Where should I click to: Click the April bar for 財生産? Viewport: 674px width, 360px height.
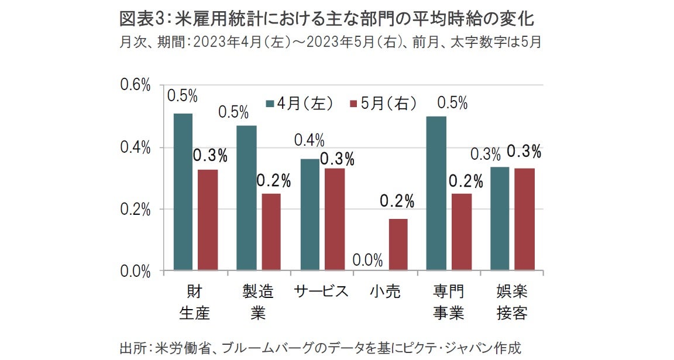pos(183,191)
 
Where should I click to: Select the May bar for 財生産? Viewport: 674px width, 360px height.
pos(208,220)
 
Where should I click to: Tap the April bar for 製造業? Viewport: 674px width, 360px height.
pos(246,198)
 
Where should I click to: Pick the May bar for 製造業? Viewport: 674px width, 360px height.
pos(271,231)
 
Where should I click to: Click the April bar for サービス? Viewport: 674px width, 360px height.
pos(310,214)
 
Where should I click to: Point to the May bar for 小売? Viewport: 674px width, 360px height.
pos(398,244)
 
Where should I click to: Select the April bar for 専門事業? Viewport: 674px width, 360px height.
pos(436,193)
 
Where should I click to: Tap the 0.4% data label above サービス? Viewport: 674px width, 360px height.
pos(310,140)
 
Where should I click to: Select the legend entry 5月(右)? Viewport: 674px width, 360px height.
pos(383,104)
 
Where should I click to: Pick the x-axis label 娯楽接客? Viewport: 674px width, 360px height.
pos(512,302)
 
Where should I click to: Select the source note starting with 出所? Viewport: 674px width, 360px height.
pos(319,347)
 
